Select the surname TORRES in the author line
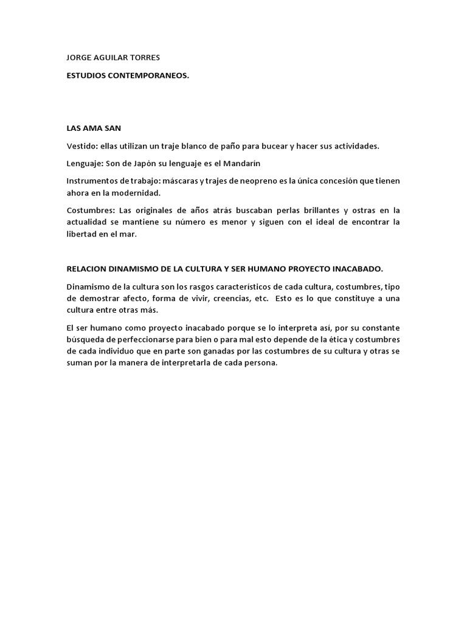coord(144,58)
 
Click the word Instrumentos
coord(92,181)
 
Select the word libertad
coord(81,234)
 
